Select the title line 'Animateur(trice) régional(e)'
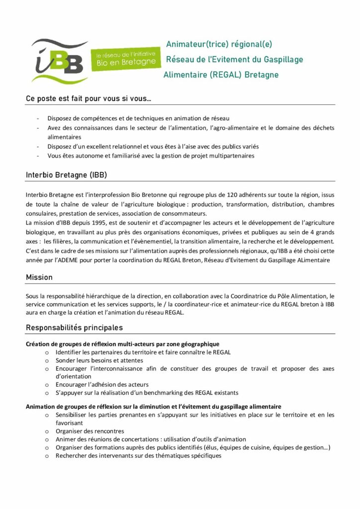click(x=219, y=44)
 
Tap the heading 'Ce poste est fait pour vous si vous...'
click(x=89, y=98)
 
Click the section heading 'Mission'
click(x=39, y=277)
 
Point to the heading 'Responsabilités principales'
click(x=74, y=328)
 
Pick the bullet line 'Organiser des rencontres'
click(x=90, y=431)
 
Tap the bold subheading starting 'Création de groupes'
click(x=122, y=344)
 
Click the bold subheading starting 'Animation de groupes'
click(x=153, y=407)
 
